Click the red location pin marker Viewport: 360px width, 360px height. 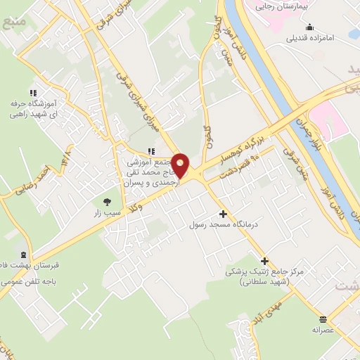[181, 166]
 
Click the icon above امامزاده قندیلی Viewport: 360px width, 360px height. [309, 27]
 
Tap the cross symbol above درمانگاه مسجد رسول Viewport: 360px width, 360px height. [224, 214]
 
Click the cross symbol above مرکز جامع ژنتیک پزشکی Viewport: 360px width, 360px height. [265, 260]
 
